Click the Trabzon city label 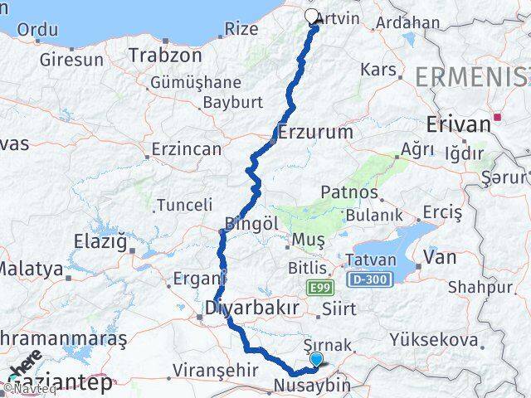pos(165,56)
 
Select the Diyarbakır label pos(251,308)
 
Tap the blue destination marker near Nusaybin pos(318,359)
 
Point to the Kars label pos(379,70)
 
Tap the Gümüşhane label pos(196,83)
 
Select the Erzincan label pos(186,150)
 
